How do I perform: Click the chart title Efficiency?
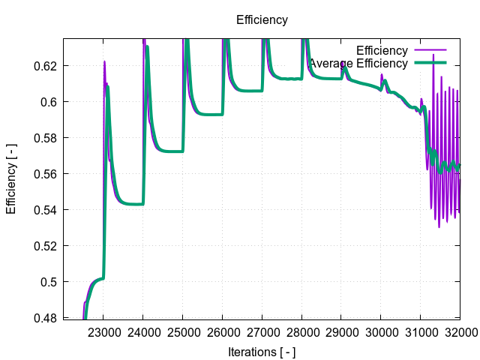262,20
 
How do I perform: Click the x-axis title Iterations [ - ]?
262,351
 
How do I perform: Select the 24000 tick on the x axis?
143,331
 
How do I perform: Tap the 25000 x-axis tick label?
183,331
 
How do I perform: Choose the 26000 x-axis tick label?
222,331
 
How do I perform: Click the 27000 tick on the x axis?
262,331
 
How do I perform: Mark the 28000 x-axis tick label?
301,331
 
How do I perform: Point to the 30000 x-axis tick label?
380,331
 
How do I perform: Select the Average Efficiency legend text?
358,64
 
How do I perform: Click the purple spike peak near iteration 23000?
104,61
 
